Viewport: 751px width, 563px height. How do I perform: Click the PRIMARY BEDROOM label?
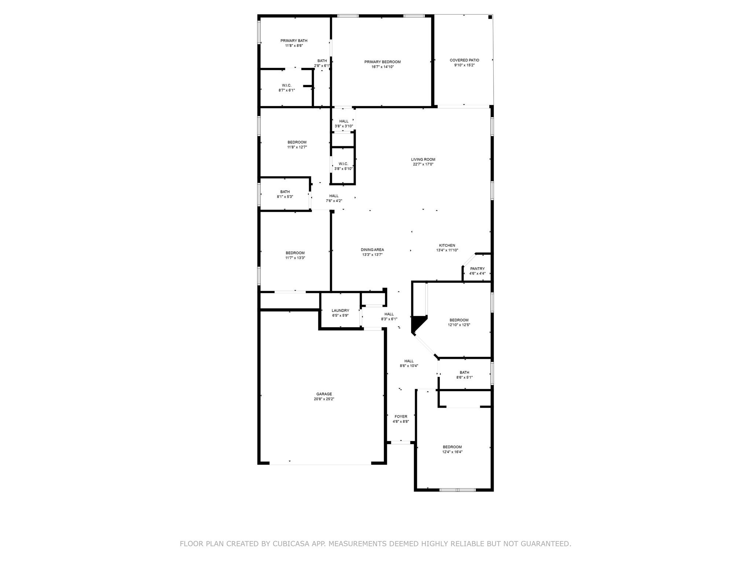pyautogui.click(x=382, y=62)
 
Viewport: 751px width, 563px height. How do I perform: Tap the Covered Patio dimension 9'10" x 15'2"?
pyautogui.click(x=464, y=65)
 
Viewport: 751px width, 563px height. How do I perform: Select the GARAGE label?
pyautogui.click(x=324, y=394)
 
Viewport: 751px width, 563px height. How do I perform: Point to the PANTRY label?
pyautogui.click(x=477, y=269)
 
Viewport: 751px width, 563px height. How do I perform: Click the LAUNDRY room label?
pyautogui.click(x=340, y=310)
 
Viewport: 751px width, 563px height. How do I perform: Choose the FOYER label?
pyautogui.click(x=400, y=417)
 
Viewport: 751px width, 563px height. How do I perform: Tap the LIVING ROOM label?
pyautogui.click(x=423, y=159)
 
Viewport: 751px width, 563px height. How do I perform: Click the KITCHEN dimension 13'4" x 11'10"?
pyautogui.click(x=447, y=250)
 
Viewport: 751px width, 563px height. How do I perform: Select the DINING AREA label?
pyautogui.click(x=372, y=250)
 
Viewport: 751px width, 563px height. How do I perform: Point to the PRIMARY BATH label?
pyautogui.click(x=294, y=41)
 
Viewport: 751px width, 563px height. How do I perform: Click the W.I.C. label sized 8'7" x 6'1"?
pyautogui.click(x=286, y=85)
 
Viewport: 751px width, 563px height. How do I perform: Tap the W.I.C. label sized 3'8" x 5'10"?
pyautogui.click(x=343, y=164)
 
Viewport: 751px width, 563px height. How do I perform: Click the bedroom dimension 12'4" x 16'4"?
pyautogui.click(x=452, y=452)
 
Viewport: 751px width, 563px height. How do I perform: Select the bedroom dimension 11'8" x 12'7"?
pyautogui.click(x=297, y=147)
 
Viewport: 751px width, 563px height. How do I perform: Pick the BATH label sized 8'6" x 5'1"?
pyautogui.click(x=464, y=372)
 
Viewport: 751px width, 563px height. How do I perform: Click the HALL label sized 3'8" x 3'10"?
pyautogui.click(x=344, y=121)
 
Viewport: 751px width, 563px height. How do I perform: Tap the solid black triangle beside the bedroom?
pyautogui.click(x=417, y=323)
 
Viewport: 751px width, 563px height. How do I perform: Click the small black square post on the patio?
pyautogui.click(x=490, y=17)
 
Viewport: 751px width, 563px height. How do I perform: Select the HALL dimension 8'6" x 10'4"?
pyautogui.click(x=409, y=366)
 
